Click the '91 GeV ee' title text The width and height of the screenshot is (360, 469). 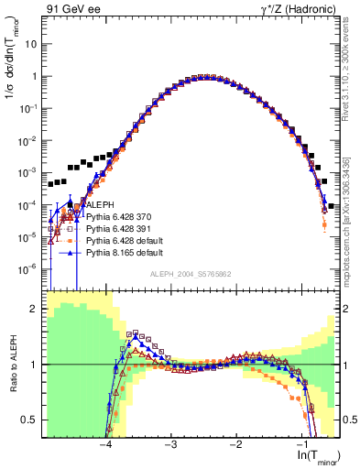pos(70,9)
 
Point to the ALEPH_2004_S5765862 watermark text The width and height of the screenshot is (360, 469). pos(190,273)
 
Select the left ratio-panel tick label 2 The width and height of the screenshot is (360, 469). pos(35,310)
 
